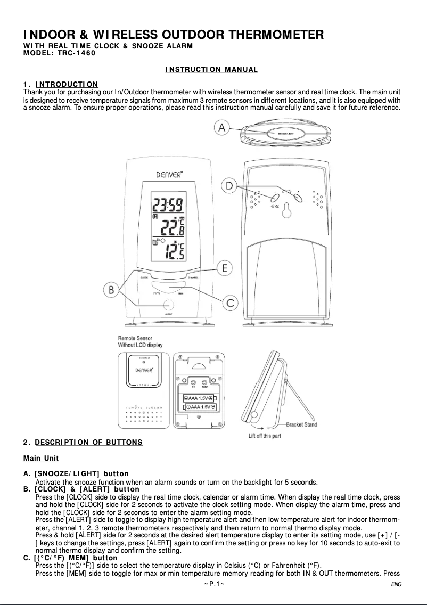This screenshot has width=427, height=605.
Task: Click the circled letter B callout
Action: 111,290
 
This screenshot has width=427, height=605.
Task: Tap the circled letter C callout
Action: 229,303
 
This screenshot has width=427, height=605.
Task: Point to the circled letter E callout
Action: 226,268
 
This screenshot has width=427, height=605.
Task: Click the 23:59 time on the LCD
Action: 168,204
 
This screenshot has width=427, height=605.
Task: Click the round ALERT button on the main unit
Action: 168,305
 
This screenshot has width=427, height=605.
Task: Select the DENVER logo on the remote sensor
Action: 144,370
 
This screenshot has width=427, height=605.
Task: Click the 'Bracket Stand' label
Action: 301,424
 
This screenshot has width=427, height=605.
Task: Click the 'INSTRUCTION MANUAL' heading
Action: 211,70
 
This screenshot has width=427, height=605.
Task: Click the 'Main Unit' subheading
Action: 41,458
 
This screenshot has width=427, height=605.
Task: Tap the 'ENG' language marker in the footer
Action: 395,584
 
